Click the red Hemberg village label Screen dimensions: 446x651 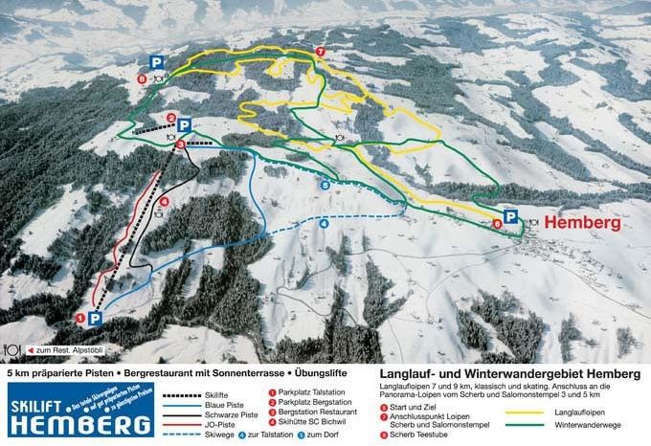click(x=582, y=223)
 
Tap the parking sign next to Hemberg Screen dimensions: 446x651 click(x=511, y=217)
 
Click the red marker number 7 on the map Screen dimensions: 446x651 click(x=320, y=52)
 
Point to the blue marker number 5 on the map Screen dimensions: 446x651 click(x=325, y=185)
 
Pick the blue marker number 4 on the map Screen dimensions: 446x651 click(x=324, y=224)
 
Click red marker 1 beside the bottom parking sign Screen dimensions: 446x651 click(x=80, y=317)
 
